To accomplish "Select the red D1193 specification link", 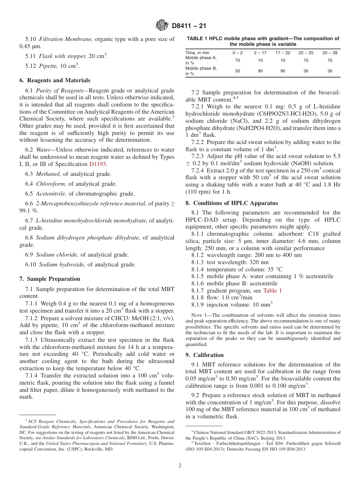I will click(98, 164).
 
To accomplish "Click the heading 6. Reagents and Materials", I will click(55, 80).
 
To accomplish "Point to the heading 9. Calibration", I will click(204, 355).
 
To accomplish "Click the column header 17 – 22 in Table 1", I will click(283, 53).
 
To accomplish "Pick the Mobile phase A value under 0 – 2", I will click(238, 60).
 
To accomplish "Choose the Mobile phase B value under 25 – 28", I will click(330, 71).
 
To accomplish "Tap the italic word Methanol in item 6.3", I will click(48, 174).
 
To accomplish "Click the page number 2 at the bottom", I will click(180, 466).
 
